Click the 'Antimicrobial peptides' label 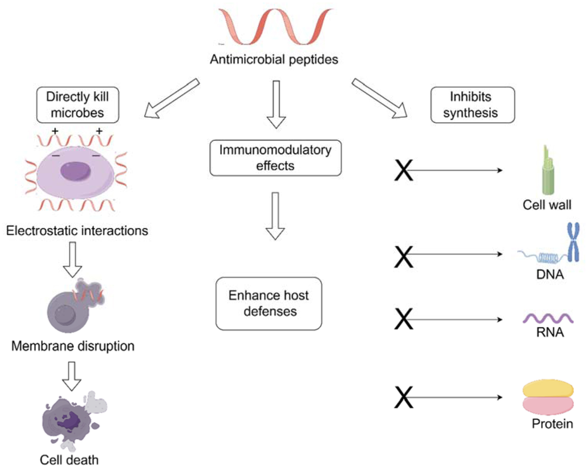(x=274, y=59)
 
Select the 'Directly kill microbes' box (x=78, y=105)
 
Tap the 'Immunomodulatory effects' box (x=275, y=158)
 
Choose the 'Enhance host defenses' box (x=269, y=303)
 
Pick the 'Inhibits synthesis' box (x=472, y=105)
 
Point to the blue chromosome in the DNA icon (x=573, y=243)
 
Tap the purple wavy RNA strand (x=548, y=319)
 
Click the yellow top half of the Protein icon (x=548, y=388)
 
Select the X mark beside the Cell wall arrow (x=403, y=170)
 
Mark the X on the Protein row (x=403, y=397)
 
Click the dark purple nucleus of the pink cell (x=75, y=171)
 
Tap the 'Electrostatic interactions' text (x=77, y=231)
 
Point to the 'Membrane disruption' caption (x=73, y=346)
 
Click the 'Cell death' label (x=69, y=460)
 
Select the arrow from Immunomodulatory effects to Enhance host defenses (x=275, y=216)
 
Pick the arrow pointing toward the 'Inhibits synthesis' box (x=379, y=98)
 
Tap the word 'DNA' (x=550, y=274)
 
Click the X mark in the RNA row (x=403, y=319)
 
